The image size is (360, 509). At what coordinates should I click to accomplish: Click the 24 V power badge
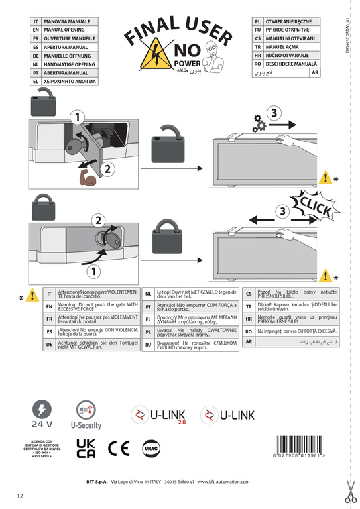pos(41,416)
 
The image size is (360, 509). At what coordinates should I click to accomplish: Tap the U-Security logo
pos(86,416)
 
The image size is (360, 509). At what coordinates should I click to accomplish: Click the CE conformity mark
pos(119,448)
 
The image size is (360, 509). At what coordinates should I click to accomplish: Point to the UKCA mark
pos(86,448)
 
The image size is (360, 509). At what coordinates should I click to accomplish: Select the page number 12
pos(20,495)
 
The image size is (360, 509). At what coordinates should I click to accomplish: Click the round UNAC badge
pos(149,448)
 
